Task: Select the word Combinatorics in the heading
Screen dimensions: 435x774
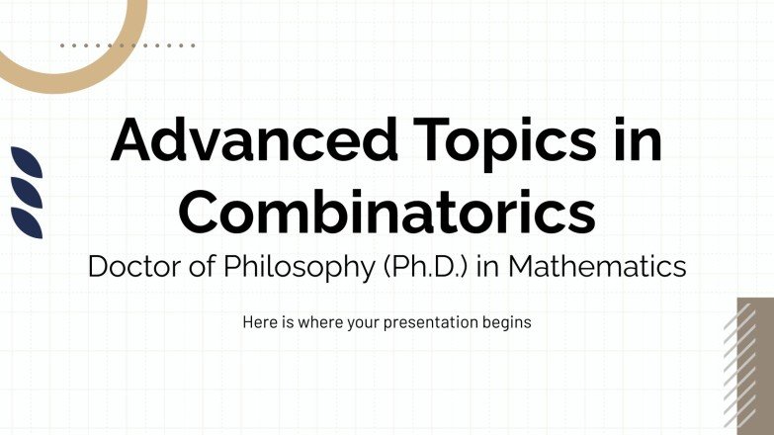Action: (387, 212)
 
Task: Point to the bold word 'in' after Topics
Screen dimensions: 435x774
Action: (637, 142)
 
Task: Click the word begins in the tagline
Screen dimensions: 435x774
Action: (507, 323)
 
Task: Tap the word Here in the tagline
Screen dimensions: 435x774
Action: (259, 322)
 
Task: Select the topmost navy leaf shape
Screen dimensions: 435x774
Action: (27, 161)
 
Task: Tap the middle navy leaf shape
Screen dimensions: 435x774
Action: (27, 189)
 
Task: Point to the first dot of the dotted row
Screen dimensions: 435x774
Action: (62, 45)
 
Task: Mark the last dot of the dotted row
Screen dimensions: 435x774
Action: (193, 45)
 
